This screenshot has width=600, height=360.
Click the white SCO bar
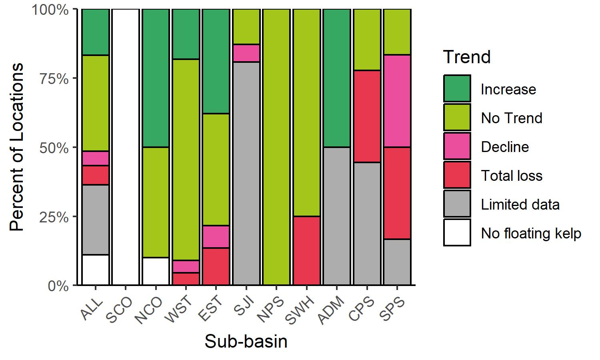pos(126,147)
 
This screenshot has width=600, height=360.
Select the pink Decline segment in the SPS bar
pos(397,101)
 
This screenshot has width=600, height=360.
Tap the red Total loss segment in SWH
pos(307,251)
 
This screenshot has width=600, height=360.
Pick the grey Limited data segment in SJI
pos(246,173)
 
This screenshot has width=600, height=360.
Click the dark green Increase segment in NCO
pos(156,78)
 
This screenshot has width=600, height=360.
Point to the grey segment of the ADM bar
pos(337,216)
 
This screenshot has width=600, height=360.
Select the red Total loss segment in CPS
pos(367,116)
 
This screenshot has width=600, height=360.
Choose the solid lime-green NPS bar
pos(276,147)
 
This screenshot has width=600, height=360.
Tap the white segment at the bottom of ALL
pos(96,270)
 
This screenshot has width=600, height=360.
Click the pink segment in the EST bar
pos(216,237)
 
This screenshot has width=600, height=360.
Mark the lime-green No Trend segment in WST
pos(186,160)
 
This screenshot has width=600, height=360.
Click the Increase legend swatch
pos(457,89)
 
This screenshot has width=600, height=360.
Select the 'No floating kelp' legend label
pos(531,233)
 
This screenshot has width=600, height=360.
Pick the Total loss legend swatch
pos(457,175)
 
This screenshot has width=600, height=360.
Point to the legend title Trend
pos(467,57)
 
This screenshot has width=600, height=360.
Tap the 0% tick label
pos(58,286)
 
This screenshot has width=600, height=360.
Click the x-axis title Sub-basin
pos(246,342)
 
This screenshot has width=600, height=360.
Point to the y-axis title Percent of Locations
pos(17,147)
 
